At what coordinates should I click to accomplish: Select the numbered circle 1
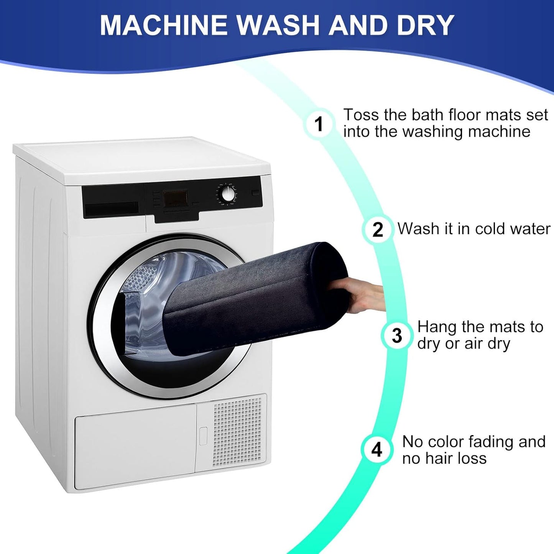(319, 124)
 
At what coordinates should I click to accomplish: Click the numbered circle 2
(378, 229)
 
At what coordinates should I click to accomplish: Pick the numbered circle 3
(397, 335)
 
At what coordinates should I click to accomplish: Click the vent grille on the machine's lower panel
(237, 432)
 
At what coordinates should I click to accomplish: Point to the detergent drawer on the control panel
(111, 209)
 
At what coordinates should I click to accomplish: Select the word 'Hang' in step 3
(437, 327)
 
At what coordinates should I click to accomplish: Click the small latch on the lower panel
(203, 436)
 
